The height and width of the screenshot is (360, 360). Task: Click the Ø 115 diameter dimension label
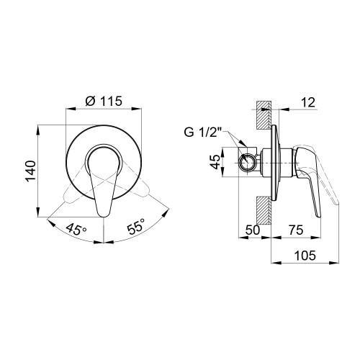click(x=104, y=102)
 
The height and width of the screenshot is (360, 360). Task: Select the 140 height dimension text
click(x=31, y=171)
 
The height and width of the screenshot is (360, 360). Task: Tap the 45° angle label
click(x=76, y=229)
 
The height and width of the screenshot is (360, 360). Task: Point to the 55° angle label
click(x=136, y=225)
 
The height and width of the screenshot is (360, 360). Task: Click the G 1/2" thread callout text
click(x=203, y=132)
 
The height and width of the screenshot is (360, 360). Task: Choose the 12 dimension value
click(x=308, y=102)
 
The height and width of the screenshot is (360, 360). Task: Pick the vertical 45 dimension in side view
click(x=215, y=162)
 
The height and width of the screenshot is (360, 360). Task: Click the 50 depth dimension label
click(x=253, y=230)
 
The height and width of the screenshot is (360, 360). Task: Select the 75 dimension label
click(x=296, y=230)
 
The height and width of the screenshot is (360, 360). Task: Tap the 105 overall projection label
click(x=305, y=256)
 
